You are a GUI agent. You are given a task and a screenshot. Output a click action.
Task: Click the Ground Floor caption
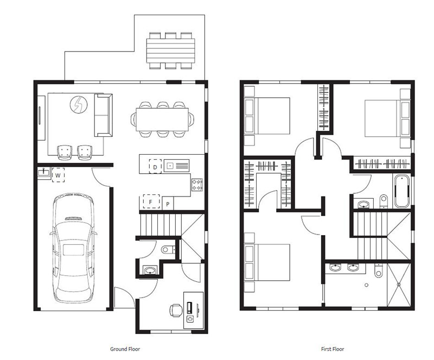tap(125, 349)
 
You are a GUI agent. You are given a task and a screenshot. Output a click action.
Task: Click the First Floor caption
tap(333, 349)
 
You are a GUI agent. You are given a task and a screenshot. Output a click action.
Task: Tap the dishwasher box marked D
tap(155, 166)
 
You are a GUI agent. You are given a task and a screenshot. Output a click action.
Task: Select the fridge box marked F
tap(151, 201)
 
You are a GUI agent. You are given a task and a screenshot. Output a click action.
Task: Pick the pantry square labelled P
tap(168, 204)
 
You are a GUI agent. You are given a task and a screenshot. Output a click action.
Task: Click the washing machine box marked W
tap(58, 175)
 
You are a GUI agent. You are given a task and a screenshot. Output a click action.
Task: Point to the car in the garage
tap(73, 248)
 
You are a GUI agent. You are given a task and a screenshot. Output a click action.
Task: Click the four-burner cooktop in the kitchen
tap(197, 185)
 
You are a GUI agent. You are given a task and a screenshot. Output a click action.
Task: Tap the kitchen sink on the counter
tap(176, 166)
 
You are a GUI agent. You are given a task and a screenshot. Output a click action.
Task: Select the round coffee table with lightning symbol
tap(79, 104)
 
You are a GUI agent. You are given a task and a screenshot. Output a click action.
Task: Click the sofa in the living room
tap(103, 115)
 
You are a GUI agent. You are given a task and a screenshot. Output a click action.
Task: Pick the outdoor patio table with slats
tap(170, 50)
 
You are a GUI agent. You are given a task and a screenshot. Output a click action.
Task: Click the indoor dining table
tap(162, 119)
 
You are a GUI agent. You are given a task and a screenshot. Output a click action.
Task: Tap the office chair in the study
tap(176, 311)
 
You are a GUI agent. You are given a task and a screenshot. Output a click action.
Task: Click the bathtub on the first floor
tap(402, 191)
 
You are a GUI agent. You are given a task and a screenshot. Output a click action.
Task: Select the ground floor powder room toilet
tap(168, 249)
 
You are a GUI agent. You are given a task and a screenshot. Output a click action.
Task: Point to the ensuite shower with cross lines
tap(399, 285)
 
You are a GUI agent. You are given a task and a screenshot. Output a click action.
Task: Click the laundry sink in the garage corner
tap(44, 172)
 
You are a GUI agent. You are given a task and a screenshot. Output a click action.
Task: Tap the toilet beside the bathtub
tap(384, 201)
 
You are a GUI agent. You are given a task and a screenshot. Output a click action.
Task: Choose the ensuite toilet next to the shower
tap(378, 270)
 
